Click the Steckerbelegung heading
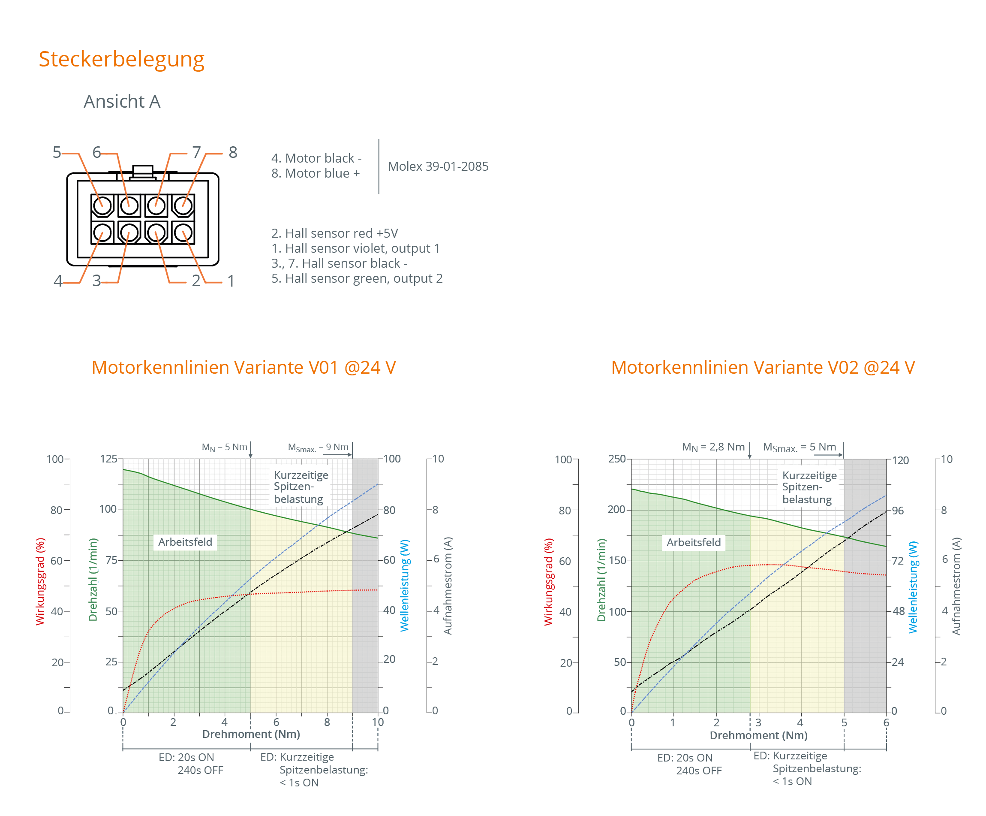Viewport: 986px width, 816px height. pos(121,60)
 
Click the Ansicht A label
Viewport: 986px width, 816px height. pos(122,102)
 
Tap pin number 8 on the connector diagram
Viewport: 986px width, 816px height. pos(233,152)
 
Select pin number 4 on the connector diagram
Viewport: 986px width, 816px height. pos(58,281)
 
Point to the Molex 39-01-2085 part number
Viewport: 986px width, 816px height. pos(438,166)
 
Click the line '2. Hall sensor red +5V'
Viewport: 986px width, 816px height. pos(334,233)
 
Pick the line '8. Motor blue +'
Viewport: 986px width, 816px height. pos(316,173)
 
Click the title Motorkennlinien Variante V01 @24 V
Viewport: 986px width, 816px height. pos(243,367)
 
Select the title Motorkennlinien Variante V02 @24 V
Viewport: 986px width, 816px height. pos(763,367)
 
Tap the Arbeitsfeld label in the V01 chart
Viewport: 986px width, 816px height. pos(185,542)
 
